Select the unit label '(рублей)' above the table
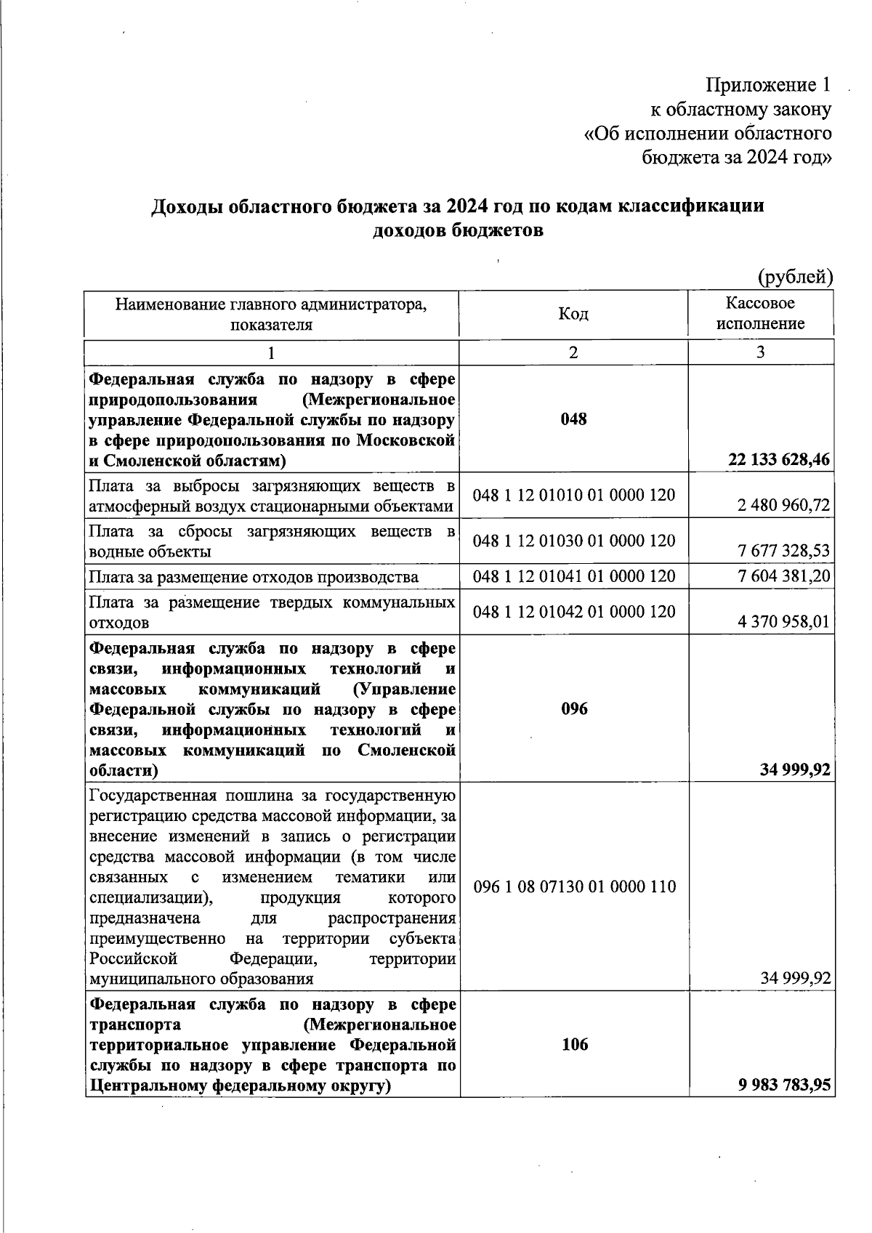795,277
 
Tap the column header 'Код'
573,314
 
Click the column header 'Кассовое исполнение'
760,313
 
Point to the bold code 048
573,419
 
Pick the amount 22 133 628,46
779,460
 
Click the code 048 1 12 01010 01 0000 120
573,496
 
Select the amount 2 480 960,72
783,505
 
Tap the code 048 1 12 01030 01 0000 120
573,541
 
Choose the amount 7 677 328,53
783,551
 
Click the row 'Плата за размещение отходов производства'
254,577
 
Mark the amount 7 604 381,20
783,576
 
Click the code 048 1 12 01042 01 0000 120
573,612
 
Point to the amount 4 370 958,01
783,622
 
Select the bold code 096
573,708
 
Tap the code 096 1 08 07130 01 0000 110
573,886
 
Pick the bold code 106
573,1045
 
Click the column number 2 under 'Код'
573,353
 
